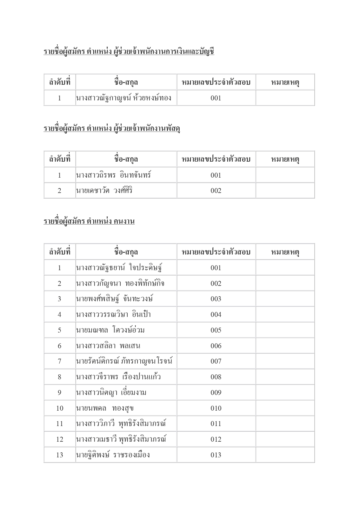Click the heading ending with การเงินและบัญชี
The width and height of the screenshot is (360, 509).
[129, 52]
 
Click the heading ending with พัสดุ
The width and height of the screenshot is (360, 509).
[112, 129]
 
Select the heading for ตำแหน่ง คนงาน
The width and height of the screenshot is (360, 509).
[89, 221]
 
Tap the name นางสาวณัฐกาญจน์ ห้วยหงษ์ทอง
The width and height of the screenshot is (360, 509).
[123, 98]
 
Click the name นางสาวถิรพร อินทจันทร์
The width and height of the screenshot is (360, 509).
[113, 175]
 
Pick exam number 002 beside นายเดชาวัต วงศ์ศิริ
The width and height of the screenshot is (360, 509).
[216, 191]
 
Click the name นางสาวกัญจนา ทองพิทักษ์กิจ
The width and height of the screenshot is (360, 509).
[120, 284]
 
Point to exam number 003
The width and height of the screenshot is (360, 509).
[216, 299]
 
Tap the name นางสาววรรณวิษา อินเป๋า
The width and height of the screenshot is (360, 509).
[113, 315]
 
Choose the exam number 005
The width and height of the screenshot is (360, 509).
[216, 330]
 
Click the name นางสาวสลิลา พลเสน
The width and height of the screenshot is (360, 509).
[108, 346]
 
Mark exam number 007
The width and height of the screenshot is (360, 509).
[216, 361]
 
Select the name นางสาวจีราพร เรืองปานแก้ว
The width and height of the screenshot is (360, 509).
[118, 377]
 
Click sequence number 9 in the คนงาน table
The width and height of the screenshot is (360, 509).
[59, 393]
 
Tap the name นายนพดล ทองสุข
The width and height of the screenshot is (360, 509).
[105, 408]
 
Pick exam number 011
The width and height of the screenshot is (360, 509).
[216, 424]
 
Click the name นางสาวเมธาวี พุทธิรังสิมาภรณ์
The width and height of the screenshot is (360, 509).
[121, 439]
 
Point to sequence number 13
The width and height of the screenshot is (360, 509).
[59, 455]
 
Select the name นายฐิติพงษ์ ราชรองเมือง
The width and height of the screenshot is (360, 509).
[113, 455]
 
